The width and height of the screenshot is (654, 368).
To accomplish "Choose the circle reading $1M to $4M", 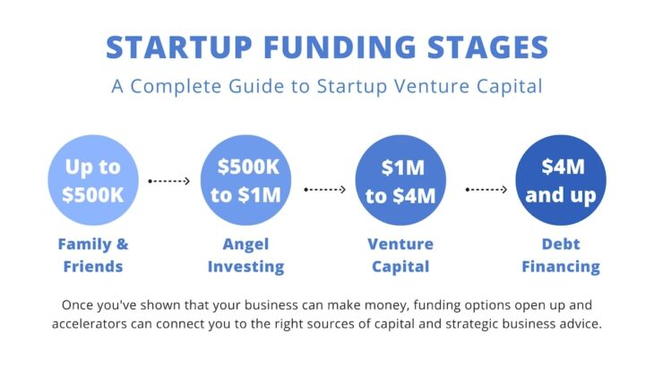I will (400, 181).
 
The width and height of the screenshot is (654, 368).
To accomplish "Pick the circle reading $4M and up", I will (561, 181).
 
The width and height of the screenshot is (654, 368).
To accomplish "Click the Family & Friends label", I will (93, 255).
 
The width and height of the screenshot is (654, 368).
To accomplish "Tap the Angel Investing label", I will (245, 255).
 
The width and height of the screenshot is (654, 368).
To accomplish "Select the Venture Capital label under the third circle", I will (400, 255).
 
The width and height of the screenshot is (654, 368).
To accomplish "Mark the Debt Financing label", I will (561, 255).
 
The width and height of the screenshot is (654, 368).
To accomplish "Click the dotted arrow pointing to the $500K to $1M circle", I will (169, 181).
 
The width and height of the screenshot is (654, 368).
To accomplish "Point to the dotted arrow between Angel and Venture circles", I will (324, 190).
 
